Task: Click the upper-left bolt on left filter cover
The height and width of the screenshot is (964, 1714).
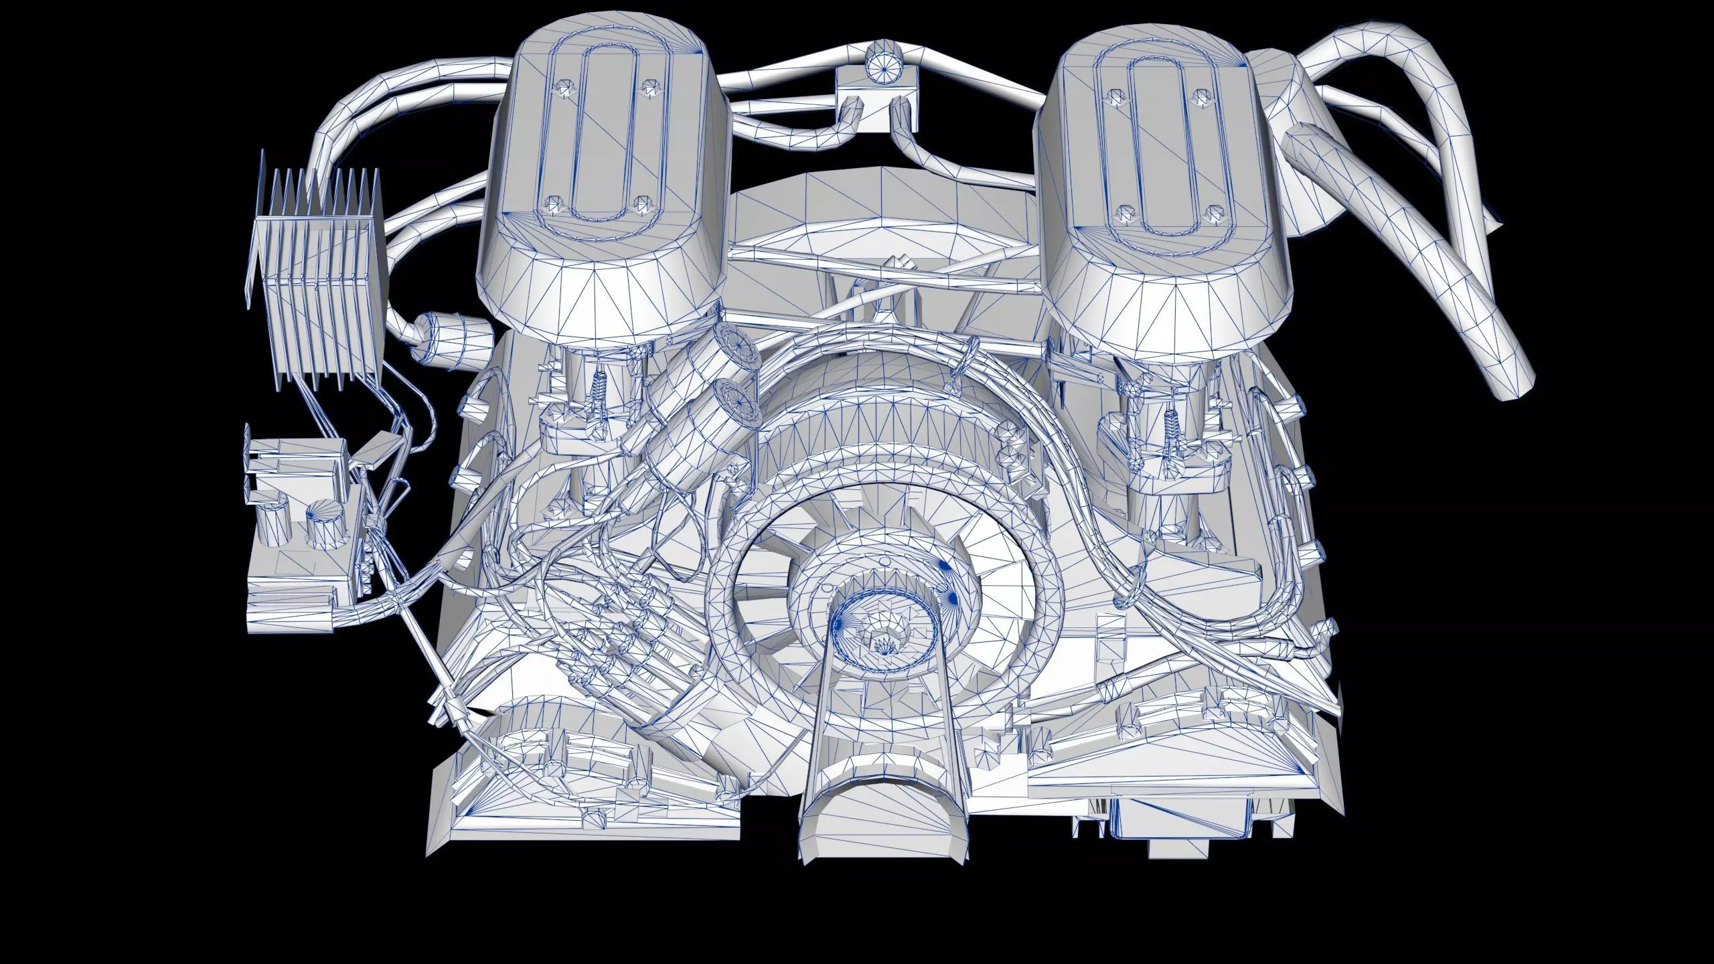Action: (x=564, y=88)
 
